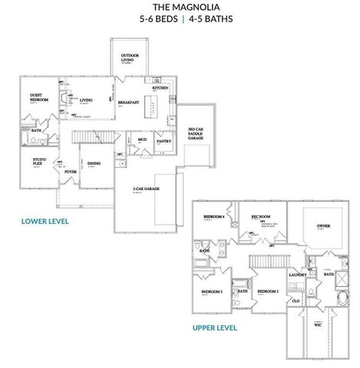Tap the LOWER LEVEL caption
click(45, 222)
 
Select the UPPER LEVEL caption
click(215, 327)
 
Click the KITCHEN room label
click(160, 88)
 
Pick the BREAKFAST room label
click(128, 101)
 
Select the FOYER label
click(70, 172)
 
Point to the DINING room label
click(94, 163)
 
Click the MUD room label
click(142, 140)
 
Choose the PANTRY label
click(163, 141)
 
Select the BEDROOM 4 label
click(214, 217)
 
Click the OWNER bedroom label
click(322, 226)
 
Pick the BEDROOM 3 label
click(212, 292)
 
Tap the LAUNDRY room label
click(297, 274)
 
